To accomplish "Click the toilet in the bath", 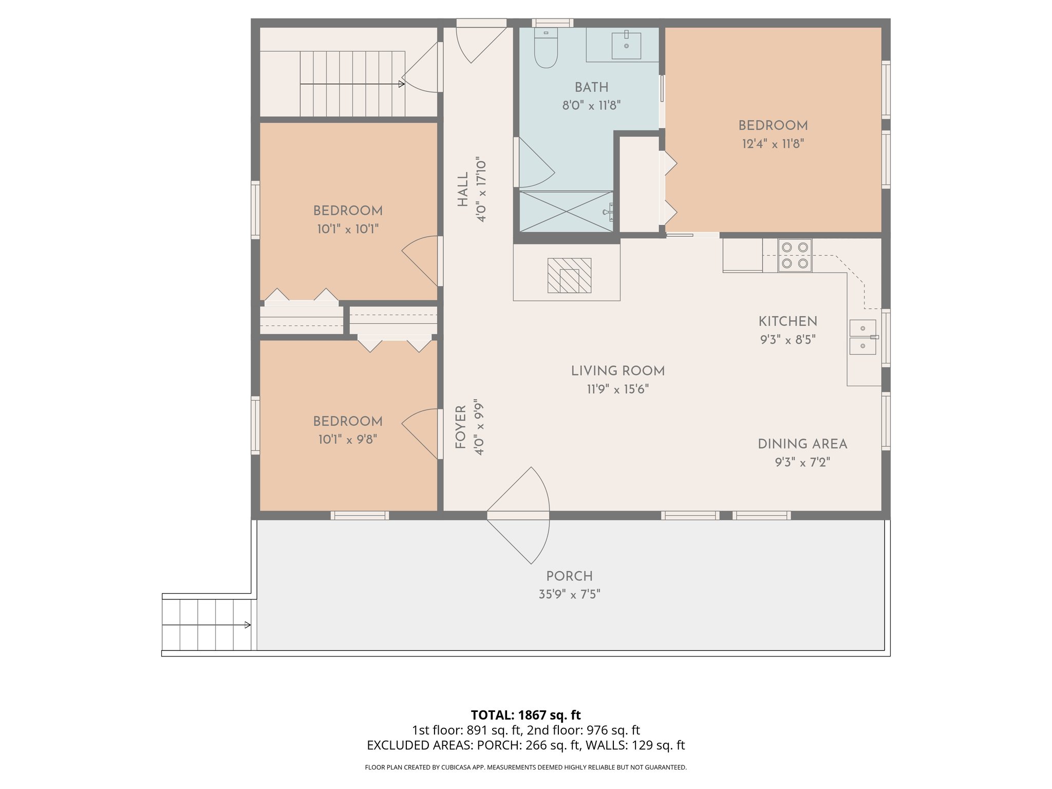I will (546, 48).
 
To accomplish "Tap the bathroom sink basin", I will (626, 46).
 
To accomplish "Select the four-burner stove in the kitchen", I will (795, 255).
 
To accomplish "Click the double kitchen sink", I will (862, 337).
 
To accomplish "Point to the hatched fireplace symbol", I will (569, 276).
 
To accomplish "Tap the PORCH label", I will (569, 576).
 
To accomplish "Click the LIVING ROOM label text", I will (617, 371).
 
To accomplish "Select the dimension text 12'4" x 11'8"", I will (773, 144).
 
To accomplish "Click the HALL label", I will (463, 190).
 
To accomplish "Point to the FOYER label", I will (461, 427).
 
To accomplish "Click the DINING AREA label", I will (802, 444).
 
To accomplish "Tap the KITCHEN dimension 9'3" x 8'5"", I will (787, 340).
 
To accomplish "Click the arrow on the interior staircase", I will (401, 84).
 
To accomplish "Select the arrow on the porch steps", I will (247, 625).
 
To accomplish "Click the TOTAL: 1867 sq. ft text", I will (525, 715).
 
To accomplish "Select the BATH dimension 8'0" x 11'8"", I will (591, 106).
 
